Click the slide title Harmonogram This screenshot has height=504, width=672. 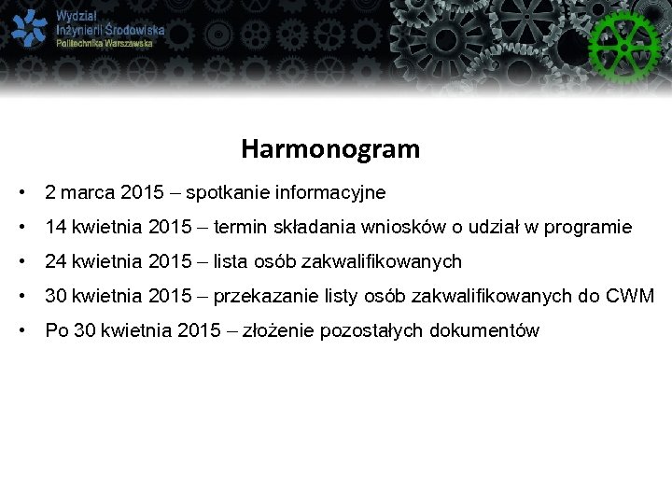pos(330,148)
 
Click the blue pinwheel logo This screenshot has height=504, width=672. pos(29,29)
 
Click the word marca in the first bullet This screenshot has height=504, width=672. pos(89,193)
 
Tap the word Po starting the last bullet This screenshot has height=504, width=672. pos(57,331)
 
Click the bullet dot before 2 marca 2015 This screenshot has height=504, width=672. pos(20,193)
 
